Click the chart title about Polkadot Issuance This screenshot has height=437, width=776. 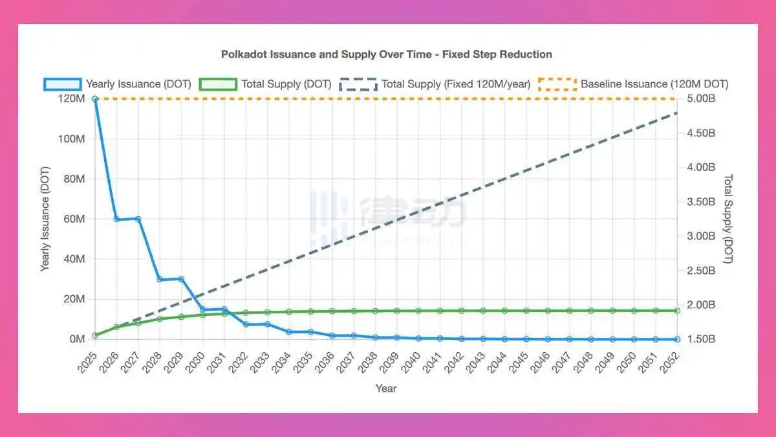pyautogui.click(x=387, y=54)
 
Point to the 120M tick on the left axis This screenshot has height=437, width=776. pyautogui.click(x=72, y=99)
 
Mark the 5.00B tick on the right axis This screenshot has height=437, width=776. pyautogui.click(x=702, y=99)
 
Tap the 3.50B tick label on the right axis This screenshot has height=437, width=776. pyautogui.click(x=702, y=202)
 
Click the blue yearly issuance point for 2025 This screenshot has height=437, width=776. pyautogui.click(x=95, y=99)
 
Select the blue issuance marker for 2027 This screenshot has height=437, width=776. pyautogui.click(x=138, y=219)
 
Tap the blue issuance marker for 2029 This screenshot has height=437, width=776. pyautogui.click(x=181, y=279)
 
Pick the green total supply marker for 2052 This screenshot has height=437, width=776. pyautogui.click(x=677, y=311)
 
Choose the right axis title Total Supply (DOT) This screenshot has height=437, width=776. pyautogui.click(x=727, y=219)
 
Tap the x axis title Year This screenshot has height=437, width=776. pyautogui.click(x=386, y=388)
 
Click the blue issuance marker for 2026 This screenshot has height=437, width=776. pyautogui.click(x=116, y=219)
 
